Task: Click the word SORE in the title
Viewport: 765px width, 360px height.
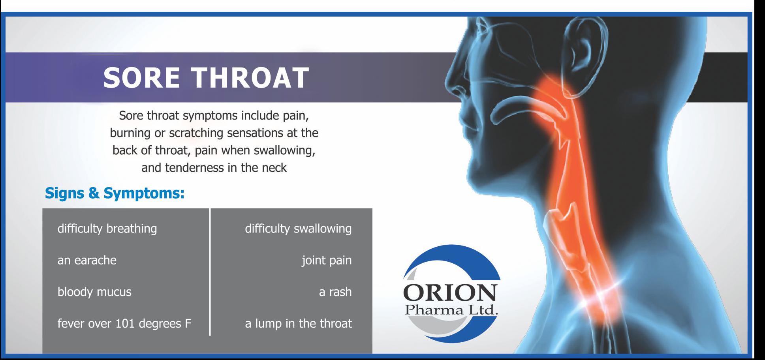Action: point(141,77)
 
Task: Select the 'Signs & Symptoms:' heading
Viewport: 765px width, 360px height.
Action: point(115,193)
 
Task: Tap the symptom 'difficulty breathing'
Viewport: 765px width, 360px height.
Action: point(107,229)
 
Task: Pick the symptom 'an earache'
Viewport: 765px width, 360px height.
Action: point(87,261)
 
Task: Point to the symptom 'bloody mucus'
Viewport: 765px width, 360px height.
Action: point(94,292)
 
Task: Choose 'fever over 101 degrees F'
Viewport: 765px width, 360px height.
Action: point(124,324)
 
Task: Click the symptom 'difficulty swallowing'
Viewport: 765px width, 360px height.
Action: point(298,229)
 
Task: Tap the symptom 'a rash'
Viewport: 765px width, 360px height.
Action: point(335,292)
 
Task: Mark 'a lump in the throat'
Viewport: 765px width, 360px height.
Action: point(298,324)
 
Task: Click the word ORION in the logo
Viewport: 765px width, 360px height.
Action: point(450,293)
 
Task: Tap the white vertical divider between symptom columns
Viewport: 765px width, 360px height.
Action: point(210,272)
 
